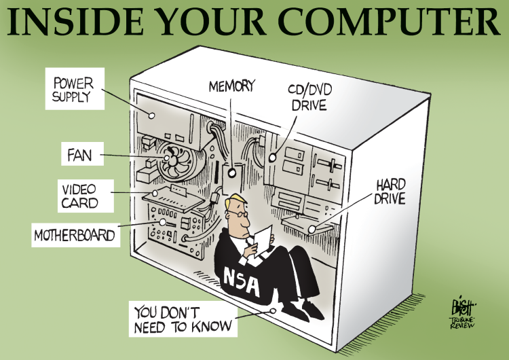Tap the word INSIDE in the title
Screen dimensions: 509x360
pyautogui.click(x=75, y=22)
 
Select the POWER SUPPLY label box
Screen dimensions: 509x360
pyautogui.click(x=75, y=89)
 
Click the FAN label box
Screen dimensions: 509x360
pyautogui.click(x=82, y=154)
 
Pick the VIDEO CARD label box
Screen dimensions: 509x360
pyautogui.click(x=86, y=196)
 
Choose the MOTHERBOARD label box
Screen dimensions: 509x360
pyautogui.click(x=75, y=234)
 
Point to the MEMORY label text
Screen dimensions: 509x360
pyautogui.click(x=232, y=86)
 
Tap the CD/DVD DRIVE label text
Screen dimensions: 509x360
pyautogui.click(x=309, y=97)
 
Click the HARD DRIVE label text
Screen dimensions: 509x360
pyautogui.click(x=390, y=192)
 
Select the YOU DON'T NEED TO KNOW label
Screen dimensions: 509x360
pyautogui.click(x=183, y=319)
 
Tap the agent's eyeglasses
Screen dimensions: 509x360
pyautogui.click(x=238, y=213)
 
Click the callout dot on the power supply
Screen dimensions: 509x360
pyautogui.click(x=151, y=115)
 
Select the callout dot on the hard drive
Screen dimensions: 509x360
pyautogui.click(x=312, y=229)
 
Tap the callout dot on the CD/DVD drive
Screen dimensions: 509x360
pyautogui.click(x=272, y=158)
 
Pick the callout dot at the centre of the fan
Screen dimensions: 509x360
pyautogui.click(x=167, y=158)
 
